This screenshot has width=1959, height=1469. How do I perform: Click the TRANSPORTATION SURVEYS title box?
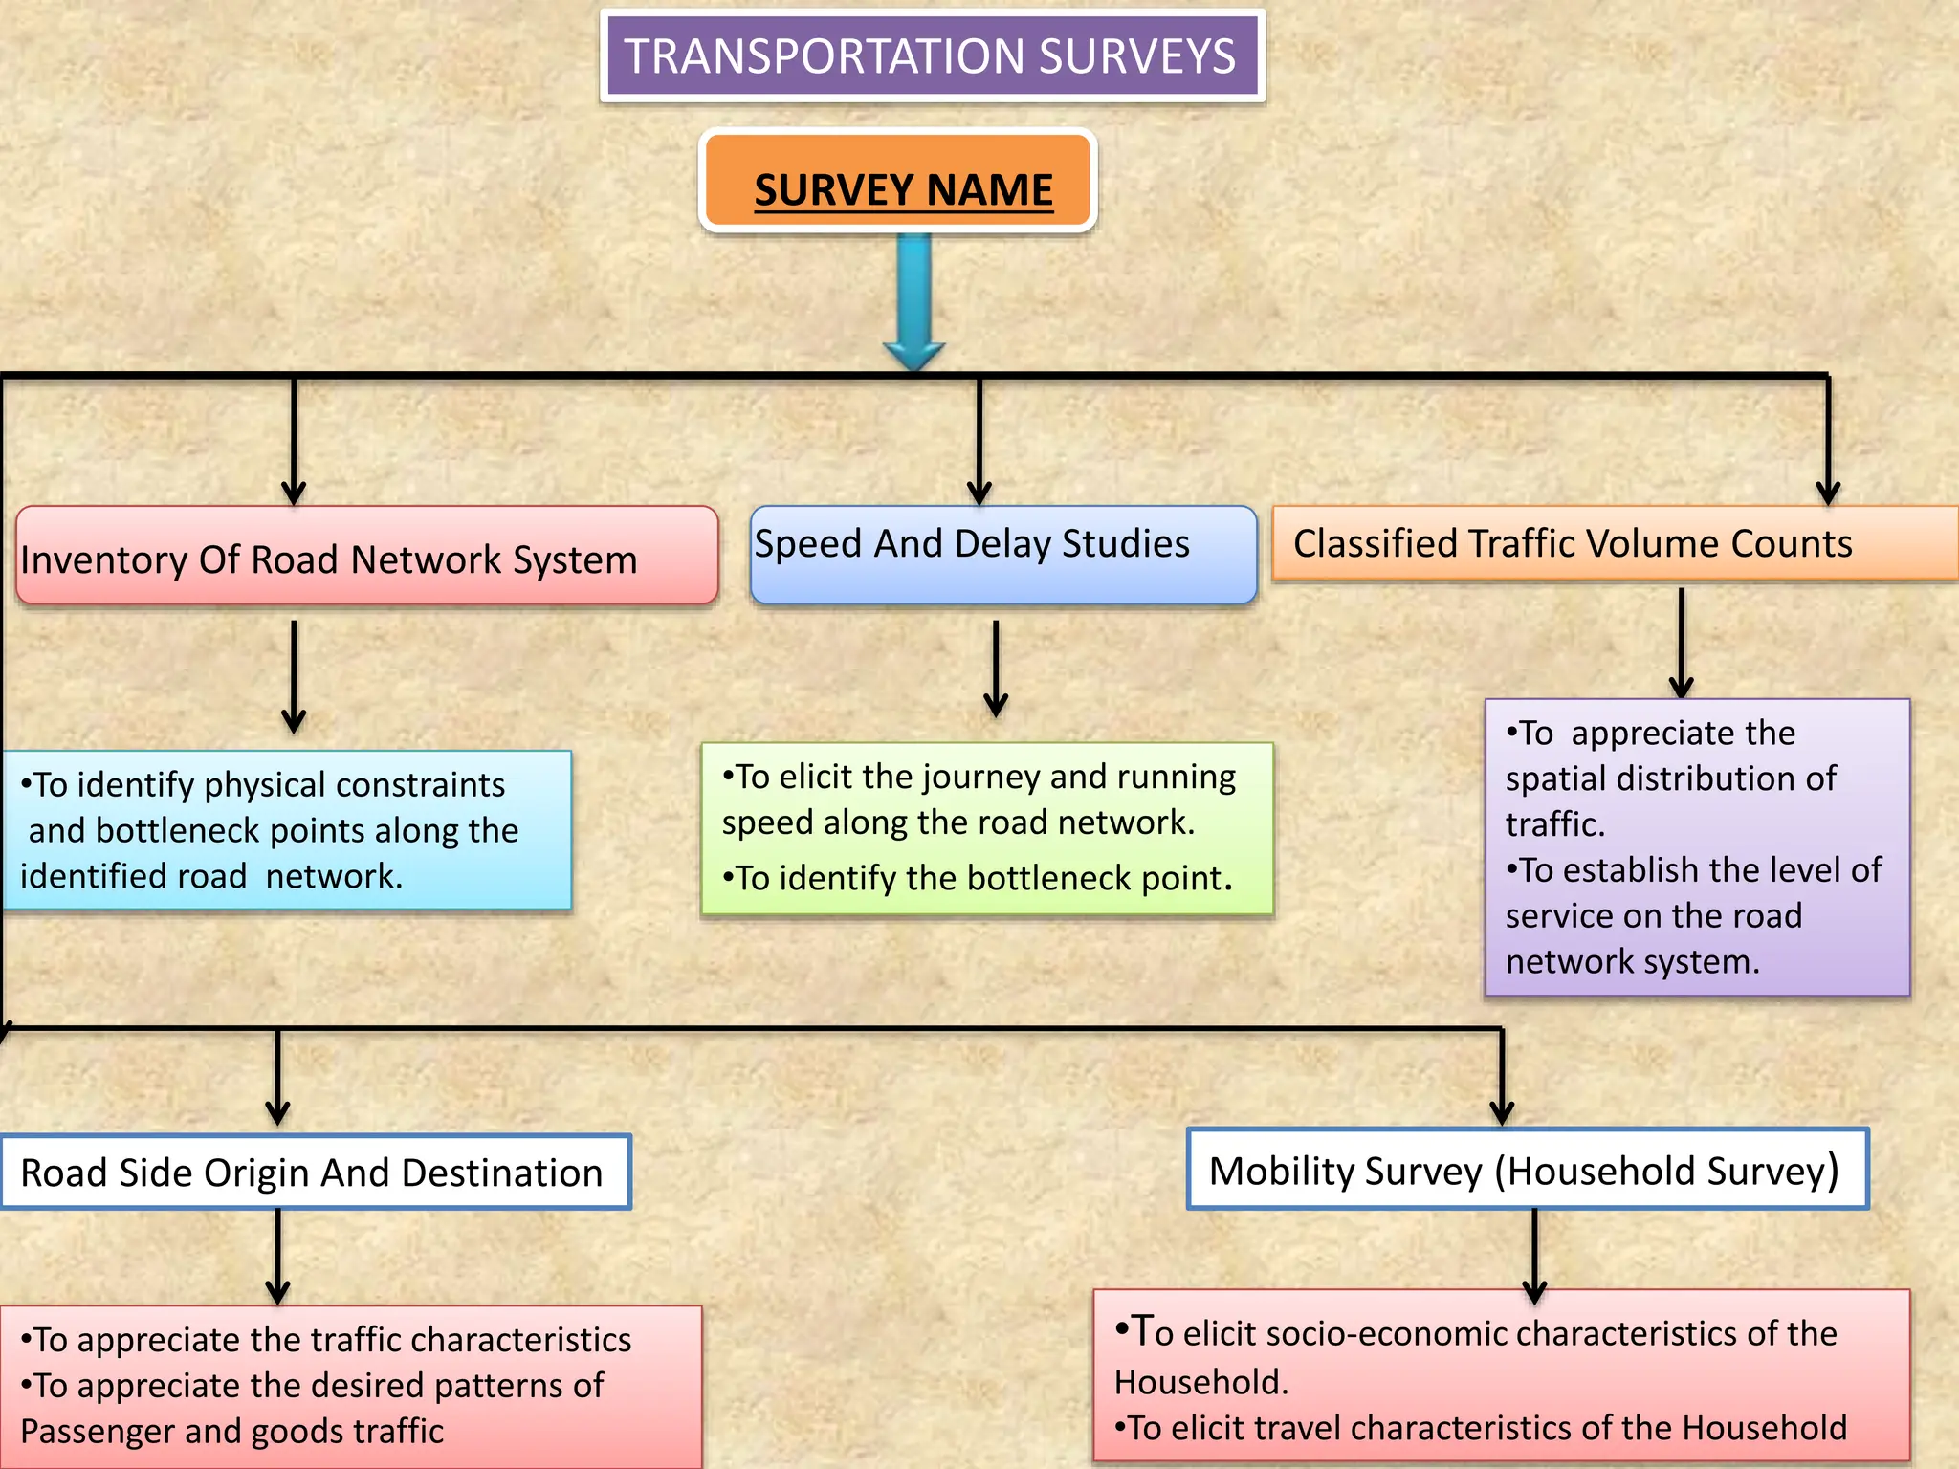click(x=932, y=55)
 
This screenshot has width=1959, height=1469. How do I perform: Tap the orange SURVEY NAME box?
click(x=898, y=182)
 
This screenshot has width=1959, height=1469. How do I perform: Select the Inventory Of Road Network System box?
click(x=366, y=556)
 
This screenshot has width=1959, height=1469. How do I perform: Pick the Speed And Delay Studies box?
click(x=1002, y=555)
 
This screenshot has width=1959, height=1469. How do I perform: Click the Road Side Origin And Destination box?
click(x=315, y=1173)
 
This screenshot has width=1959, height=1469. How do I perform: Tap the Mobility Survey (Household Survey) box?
click(x=1527, y=1170)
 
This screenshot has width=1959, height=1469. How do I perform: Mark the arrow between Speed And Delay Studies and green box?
click(x=996, y=669)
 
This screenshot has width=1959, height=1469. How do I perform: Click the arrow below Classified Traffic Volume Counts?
click(x=1681, y=643)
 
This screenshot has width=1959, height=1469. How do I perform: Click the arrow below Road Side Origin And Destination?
click(x=277, y=1258)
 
